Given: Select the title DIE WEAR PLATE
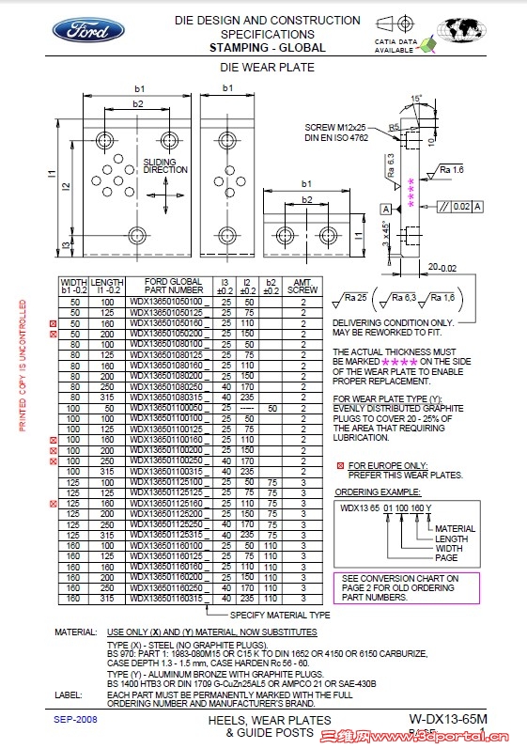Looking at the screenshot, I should coord(267,68).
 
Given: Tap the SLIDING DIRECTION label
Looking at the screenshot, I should coord(165,166).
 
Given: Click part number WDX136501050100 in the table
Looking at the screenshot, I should coord(167,301).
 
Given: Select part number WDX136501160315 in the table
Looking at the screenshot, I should coord(167,599).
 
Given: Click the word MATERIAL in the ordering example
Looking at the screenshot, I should coord(455,529).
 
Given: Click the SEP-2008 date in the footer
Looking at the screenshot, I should coord(76,719).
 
